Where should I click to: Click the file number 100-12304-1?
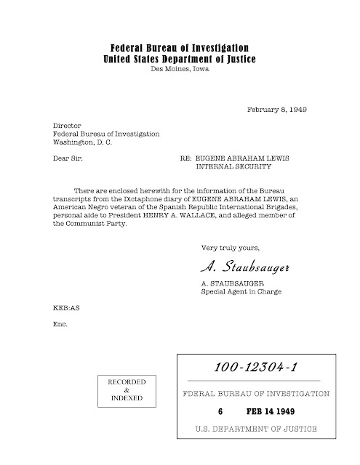(253, 368)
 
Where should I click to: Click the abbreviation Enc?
(60, 323)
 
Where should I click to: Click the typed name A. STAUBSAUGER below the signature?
(231, 283)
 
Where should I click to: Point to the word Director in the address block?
(68, 125)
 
